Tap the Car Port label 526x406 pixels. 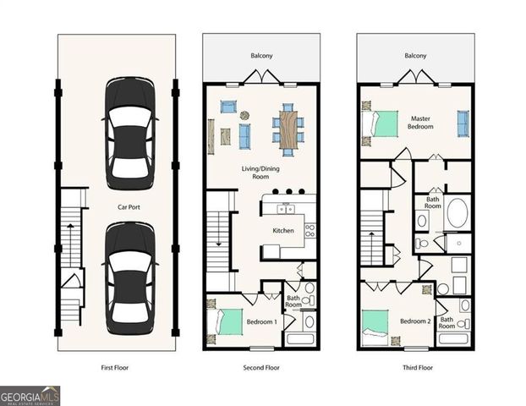pos(129,206)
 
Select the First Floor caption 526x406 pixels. pos(117,369)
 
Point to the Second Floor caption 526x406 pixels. pos(260,369)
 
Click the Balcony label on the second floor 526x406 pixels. pos(261,57)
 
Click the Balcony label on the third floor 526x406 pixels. pos(415,57)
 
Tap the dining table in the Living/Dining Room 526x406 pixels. pos(288,128)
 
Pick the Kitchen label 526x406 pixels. pos(282,230)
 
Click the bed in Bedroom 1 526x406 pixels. pos(225,322)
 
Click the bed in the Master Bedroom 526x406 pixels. pos(381,123)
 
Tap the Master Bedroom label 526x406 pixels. pos(421,123)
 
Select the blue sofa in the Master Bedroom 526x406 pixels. pos(463,123)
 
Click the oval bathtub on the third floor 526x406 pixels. pos(457,212)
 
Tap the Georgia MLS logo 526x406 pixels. pos(30,396)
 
